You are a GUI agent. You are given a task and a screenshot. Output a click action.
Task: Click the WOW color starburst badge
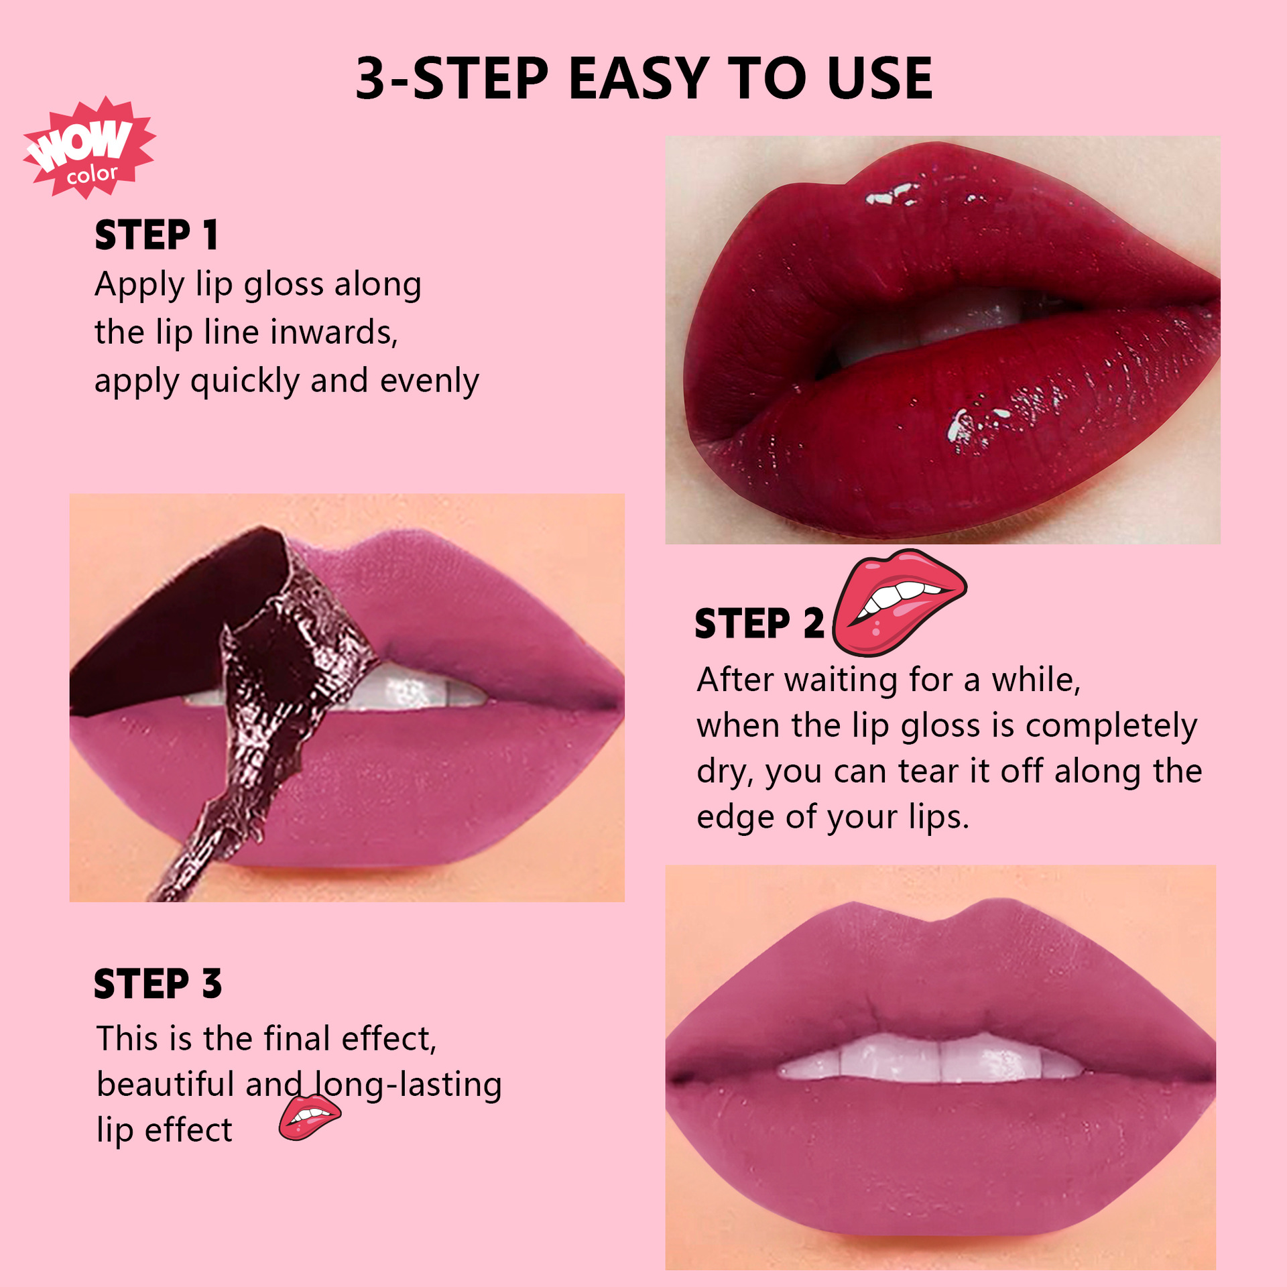(x=89, y=148)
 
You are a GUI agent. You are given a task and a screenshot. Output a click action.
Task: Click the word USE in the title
(x=879, y=78)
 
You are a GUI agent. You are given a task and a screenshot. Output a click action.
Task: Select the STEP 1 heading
(x=157, y=235)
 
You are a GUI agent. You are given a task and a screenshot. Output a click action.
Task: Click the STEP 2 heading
(x=759, y=623)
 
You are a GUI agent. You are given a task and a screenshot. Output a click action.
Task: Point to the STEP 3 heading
(x=158, y=984)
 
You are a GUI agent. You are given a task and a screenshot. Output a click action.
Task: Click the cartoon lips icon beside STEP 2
(x=899, y=601)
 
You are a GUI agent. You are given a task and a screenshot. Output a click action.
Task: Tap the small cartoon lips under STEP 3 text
(x=310, y=1117)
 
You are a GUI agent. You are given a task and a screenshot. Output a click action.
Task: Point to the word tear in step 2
(x=928, y=772)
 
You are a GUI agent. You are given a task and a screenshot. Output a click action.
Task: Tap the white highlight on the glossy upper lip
(x=892, y=194)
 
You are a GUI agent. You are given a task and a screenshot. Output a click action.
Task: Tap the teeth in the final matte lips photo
(x=932, y=1058)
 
